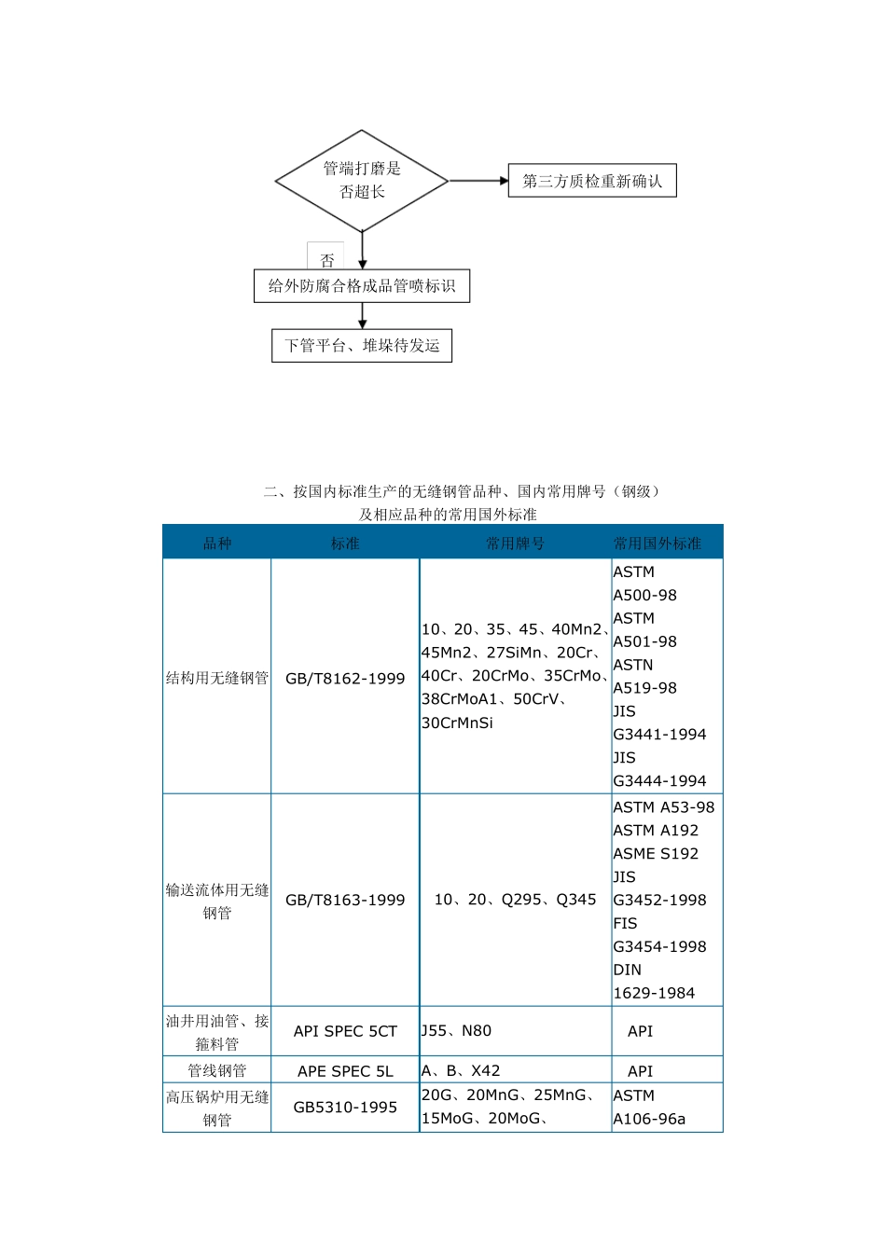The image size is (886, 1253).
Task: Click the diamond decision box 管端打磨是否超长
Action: click(x=362, y=180)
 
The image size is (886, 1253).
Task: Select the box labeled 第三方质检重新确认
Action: click(x=592, y=181)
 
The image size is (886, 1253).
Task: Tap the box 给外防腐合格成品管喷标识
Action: click(x=362, y=286)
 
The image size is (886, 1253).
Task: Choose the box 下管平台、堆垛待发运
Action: click(x=362, y=346)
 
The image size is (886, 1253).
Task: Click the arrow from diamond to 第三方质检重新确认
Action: click(x=478, y=181)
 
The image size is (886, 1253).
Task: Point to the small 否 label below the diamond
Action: click(x=326, y=260)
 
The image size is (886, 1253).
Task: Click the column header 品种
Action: click(x=217, y=543)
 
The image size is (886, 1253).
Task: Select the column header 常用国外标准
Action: click(x=658, y=543)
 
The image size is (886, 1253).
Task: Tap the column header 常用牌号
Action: click(x=515, y=543)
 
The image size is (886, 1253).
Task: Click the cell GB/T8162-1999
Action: click(x=345, y=678)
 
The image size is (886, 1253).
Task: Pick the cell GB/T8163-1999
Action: click(x=345, y=900)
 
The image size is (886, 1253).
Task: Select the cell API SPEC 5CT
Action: click(x=345, y=1031)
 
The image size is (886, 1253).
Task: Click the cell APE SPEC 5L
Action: click(x=345, y=1071)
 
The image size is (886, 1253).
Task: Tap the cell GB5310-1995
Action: click(x=345, y=1108)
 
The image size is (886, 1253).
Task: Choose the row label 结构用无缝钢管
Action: click(x=217, y=678)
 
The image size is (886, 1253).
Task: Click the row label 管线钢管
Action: click(x=217, y=1070)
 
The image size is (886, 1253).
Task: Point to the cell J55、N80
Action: click(x=457, y=1030)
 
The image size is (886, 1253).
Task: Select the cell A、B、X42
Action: click(x=461, y=1070)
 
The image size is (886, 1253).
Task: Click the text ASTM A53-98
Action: click(x=664, y=807)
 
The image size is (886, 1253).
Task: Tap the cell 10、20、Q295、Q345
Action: click(x=515, y=900)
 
